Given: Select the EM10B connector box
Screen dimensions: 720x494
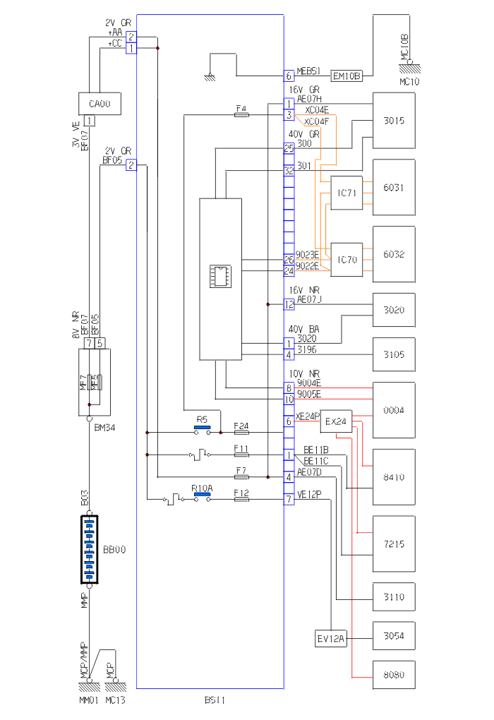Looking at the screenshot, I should click(347, 76).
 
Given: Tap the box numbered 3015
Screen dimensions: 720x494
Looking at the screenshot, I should click(394, 121).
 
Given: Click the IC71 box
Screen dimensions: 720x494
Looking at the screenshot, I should click(347, 193).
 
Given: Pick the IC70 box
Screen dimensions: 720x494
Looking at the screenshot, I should click(347, 260).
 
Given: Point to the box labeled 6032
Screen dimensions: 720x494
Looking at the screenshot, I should click(394, 255).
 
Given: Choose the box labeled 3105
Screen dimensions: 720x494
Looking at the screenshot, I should click(394, 354).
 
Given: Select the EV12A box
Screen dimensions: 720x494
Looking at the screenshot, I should click(330, 640).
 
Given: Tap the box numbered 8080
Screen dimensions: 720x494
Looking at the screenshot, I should click(394, 675).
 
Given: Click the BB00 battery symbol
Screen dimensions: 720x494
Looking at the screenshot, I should click(90, 549).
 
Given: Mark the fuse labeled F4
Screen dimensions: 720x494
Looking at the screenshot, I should click(241, 114).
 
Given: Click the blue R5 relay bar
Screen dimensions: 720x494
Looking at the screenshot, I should click(202, 426).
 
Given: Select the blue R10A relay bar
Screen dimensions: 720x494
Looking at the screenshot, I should click(202, 495).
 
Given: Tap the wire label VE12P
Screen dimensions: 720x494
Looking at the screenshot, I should click(308, 495).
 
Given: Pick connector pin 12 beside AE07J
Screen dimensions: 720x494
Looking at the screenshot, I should click(289, 304).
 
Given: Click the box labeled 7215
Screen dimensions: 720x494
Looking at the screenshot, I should click(394, 544).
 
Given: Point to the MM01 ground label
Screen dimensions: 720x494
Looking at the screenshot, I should click(88, 701).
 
